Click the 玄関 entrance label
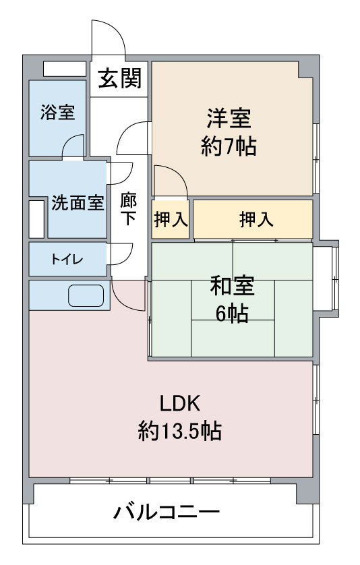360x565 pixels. coord(119,78)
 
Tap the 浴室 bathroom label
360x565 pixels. coord(57,112)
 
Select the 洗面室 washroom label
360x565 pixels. coord(78,203)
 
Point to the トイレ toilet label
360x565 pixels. coord(67,260)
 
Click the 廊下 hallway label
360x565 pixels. coord(128,209)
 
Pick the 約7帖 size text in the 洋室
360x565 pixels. coord(229,146)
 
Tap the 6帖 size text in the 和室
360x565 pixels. coord(232,313)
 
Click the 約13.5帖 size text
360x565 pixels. coord(179,430)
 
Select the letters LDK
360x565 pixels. coord(180,404)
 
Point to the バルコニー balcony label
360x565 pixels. coord(167,512)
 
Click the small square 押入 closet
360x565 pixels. coord(171,219)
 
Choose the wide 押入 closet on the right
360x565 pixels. coord(253,219)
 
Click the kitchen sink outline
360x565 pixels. coord(86,295)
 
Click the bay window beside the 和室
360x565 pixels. coord(326,278)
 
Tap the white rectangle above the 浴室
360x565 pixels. coord(65,69)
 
